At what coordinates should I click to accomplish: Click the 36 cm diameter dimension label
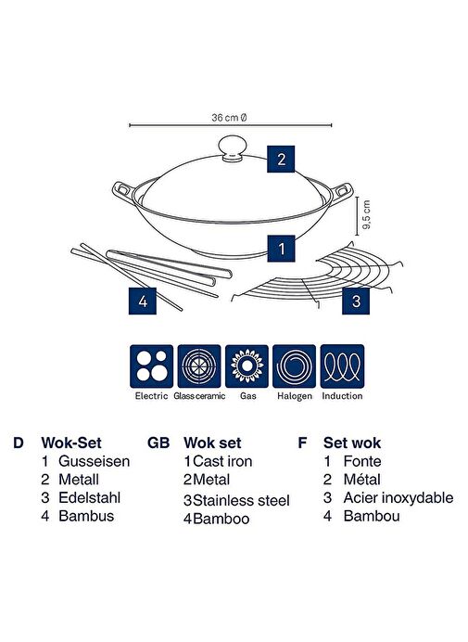pos(229,118)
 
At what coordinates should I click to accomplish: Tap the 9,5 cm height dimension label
pos(366,214)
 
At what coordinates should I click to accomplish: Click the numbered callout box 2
pos(281,159)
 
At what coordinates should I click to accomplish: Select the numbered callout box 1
pos(281,248)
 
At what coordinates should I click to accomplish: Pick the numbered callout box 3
pos(356,301)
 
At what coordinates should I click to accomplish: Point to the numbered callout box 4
pos(143,301)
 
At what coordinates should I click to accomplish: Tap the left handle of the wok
pos(123,190)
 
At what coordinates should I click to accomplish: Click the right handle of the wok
pos(341,192)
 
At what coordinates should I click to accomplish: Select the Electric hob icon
pos(151,366)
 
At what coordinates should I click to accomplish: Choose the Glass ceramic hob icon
pos(199,366)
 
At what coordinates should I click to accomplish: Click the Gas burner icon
pos(247,366)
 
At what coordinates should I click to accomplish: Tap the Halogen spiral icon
pos(294,366)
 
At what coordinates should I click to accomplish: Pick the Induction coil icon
pos(342,366)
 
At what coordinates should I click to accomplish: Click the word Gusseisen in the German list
pos(95,461)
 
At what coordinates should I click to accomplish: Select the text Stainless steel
pos(241,500)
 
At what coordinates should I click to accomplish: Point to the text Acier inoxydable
pos(398,498)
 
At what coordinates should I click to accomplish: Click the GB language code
pos(158,443)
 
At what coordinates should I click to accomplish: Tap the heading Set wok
pos(352,443)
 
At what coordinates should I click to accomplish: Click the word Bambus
pos(86,516)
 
